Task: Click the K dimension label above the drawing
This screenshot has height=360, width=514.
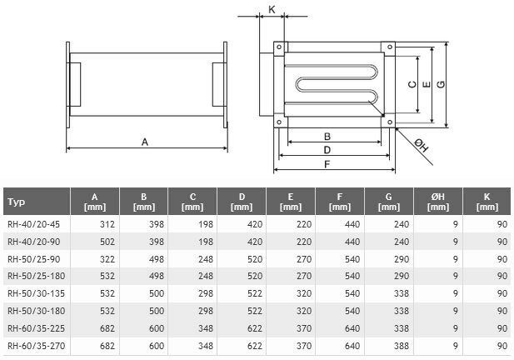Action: [x=272, y=9]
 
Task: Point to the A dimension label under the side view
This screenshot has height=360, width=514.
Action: [x=145, y=142]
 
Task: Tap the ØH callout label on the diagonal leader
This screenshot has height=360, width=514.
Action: [x=422, y=146]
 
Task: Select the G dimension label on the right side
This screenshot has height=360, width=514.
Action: [x=442, y=84]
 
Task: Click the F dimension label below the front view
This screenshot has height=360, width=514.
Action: [x=327, y=164]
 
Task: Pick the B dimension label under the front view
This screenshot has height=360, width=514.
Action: [x=327, y=137]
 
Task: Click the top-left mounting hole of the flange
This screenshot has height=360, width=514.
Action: [x=279, y=47]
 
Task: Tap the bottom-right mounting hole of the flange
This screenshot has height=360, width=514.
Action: [x=390, y=122]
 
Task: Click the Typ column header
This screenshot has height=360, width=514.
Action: [x=16, y=202]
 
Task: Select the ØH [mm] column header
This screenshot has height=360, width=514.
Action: [x=438, y=202]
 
